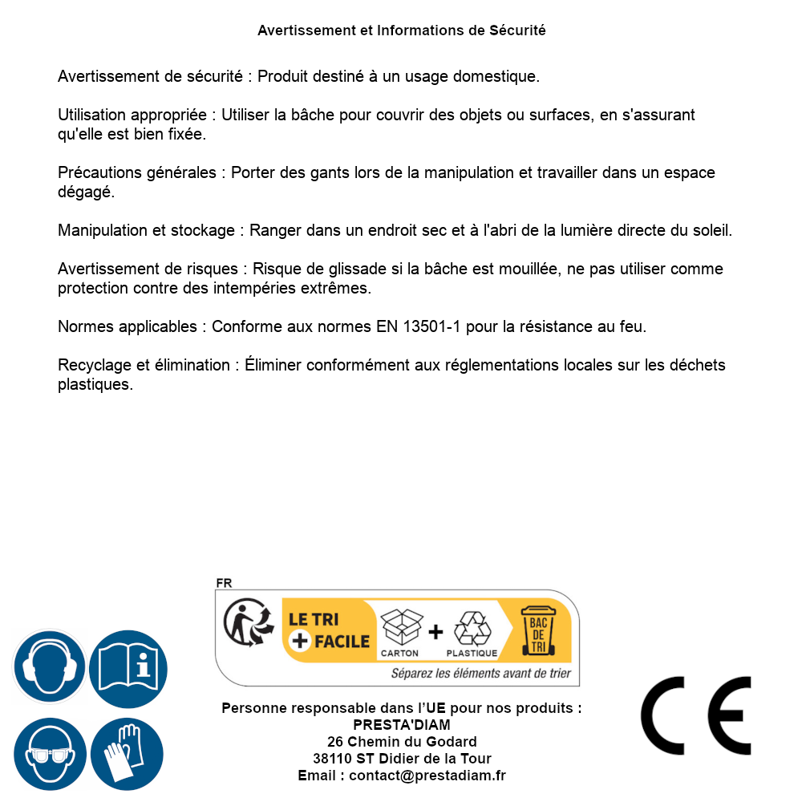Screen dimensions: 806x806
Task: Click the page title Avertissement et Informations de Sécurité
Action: [402, 30]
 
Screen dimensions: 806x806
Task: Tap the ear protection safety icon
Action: [48, 667]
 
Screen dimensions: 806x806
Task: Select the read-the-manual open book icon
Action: [128, 667]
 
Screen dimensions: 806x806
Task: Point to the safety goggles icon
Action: [50, 754]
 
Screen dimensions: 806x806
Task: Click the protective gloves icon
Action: [127, 754]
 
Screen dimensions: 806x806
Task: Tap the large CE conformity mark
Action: [695, 715]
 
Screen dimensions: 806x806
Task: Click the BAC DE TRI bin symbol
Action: [538, 631]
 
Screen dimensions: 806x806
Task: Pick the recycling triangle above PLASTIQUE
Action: [472, 629]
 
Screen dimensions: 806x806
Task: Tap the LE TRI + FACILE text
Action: [329, 630]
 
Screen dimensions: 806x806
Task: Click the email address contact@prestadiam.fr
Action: [427, 776]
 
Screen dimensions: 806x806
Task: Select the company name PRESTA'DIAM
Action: [402, 725]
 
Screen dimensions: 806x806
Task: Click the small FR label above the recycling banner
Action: [224, 583]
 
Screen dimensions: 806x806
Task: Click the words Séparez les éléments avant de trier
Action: [481, 674]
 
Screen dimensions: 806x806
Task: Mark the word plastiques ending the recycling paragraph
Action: [94, 385]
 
